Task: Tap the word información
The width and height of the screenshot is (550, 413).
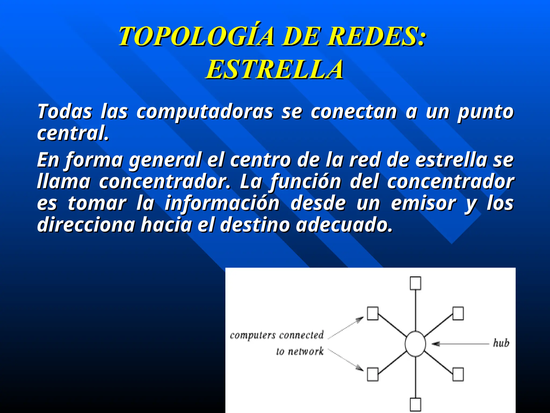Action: pos(222,204)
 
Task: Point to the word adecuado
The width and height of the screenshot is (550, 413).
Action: pos(344,225)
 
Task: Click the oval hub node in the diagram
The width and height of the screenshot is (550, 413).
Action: pos(415,344)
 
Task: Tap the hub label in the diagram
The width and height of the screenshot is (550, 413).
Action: pos(501,343)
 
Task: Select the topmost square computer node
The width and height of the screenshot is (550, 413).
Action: pos(415,283)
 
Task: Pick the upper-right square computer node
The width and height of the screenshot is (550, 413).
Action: pos(458,314)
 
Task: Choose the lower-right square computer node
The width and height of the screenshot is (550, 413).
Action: pos(458,374)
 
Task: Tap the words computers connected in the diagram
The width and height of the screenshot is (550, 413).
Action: pos(277,335)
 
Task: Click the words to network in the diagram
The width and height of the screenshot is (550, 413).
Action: pos(300,351)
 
